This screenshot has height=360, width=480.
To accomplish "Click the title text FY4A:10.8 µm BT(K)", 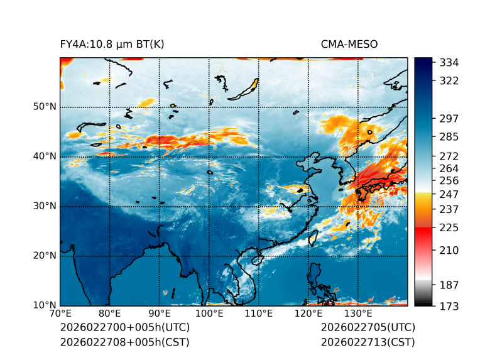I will (x=112, y=45).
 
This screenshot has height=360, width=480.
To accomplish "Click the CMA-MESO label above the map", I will (x=349, y=45).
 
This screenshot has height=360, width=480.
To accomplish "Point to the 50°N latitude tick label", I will (x=45, y=107).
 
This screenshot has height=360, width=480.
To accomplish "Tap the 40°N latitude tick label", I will (x=45, y=156).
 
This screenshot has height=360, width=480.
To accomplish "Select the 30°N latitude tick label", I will (x=45, y=206).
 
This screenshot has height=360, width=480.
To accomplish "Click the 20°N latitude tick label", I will (x=45, y=256).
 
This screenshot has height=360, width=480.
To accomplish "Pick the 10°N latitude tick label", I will (x=45, y=305).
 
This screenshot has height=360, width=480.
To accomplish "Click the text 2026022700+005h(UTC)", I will (x=124, y=328).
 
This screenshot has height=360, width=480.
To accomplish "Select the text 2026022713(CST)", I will (x=368, y=342).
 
